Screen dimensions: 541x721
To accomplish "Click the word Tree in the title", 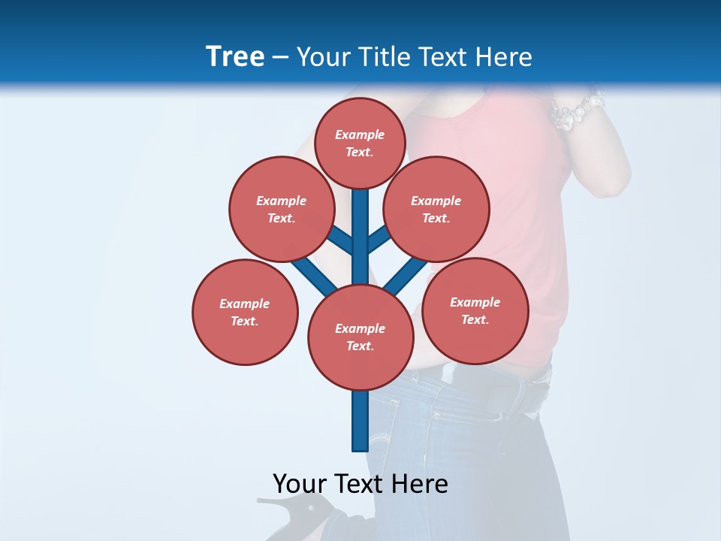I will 235,56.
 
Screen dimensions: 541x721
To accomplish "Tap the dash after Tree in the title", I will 280,58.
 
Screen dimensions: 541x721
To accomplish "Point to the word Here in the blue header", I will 504,57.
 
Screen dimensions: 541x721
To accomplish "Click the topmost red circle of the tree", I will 360,143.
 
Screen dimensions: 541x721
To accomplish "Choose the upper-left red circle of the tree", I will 281,209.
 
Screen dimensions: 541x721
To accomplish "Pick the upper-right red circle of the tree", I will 436,209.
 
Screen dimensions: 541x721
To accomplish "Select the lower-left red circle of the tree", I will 244,312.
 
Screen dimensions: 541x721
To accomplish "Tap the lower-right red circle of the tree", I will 475,310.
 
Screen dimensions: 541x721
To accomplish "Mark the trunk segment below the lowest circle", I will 360,421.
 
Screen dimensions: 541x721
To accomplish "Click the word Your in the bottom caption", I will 300,484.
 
